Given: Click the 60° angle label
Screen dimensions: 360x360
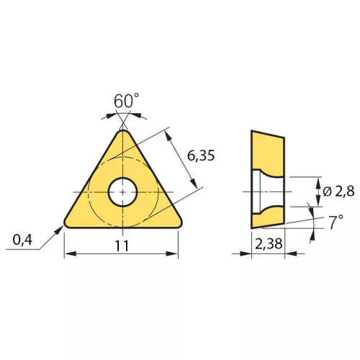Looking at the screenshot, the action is pyautogui.click(x=126, y=101).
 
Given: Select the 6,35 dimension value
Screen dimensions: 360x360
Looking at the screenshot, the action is pyautogui.click(x=201, y=156).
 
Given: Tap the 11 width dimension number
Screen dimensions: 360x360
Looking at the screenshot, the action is pyautogui.click(x=122, y=246).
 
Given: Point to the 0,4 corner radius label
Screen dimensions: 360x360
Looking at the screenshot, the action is pyautogui.click(x=22, y=240).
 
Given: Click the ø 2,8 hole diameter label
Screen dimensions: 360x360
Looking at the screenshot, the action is pyautogui.click(x=338, y=192).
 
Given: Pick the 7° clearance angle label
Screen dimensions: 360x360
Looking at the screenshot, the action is pyautogui.click(x=336, y=222).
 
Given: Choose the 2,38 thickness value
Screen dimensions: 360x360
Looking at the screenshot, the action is pyautogui.click(x=269, y=244).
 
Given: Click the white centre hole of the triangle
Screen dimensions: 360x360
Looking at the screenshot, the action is pyautogui.click(x=122, y=192).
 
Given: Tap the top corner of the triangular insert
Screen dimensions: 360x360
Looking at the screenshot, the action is pyautogui.click(x=123, y=130).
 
